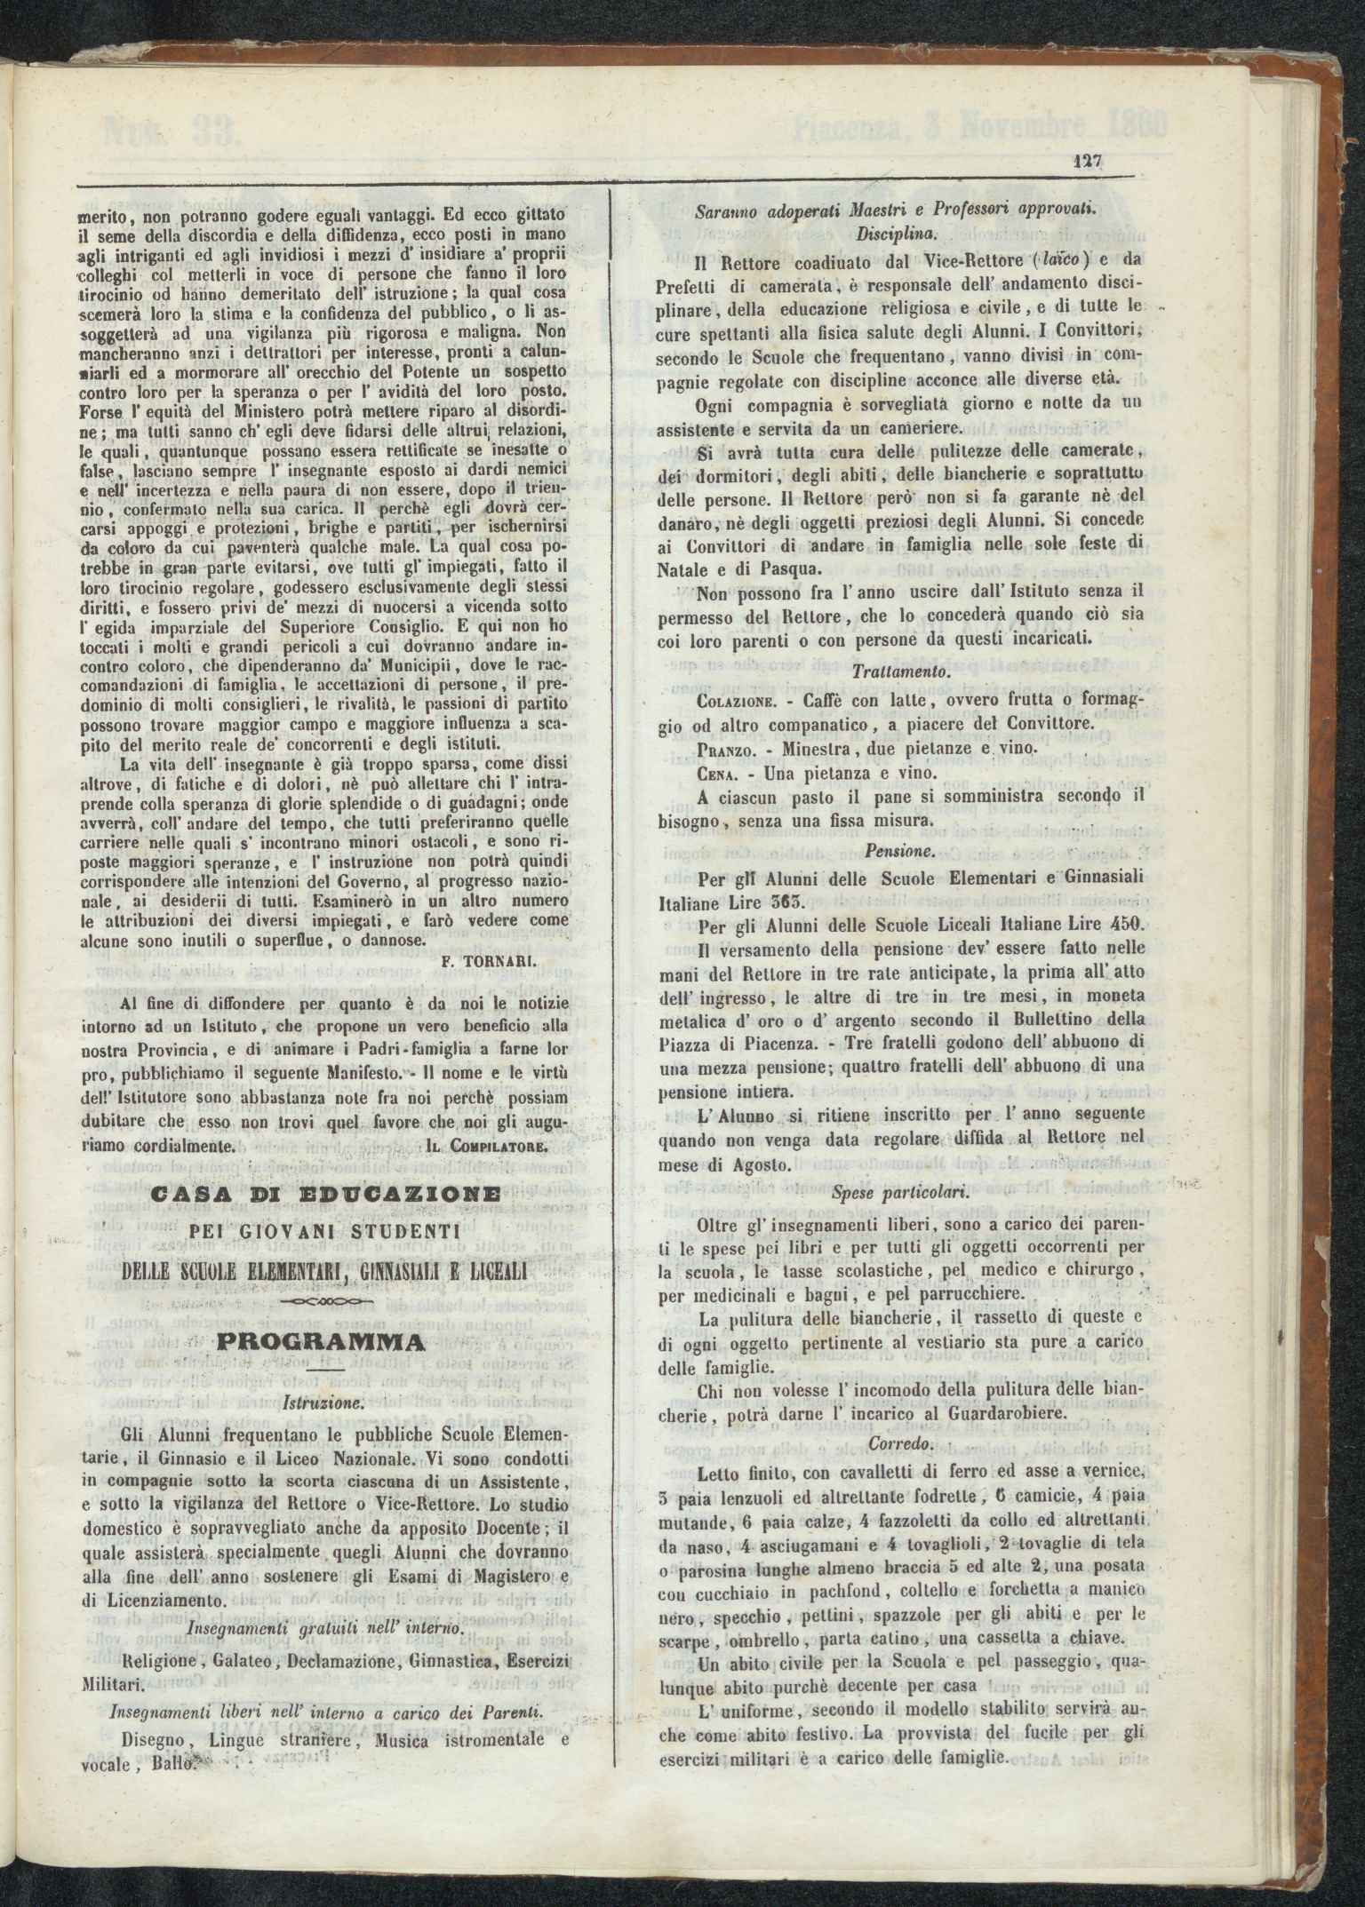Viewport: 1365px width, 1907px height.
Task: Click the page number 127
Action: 1086,163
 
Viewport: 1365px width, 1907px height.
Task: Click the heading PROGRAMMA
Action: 323,1339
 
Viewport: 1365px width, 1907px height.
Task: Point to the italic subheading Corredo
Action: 898,1443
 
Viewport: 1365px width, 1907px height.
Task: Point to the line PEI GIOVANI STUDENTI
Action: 323,1231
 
